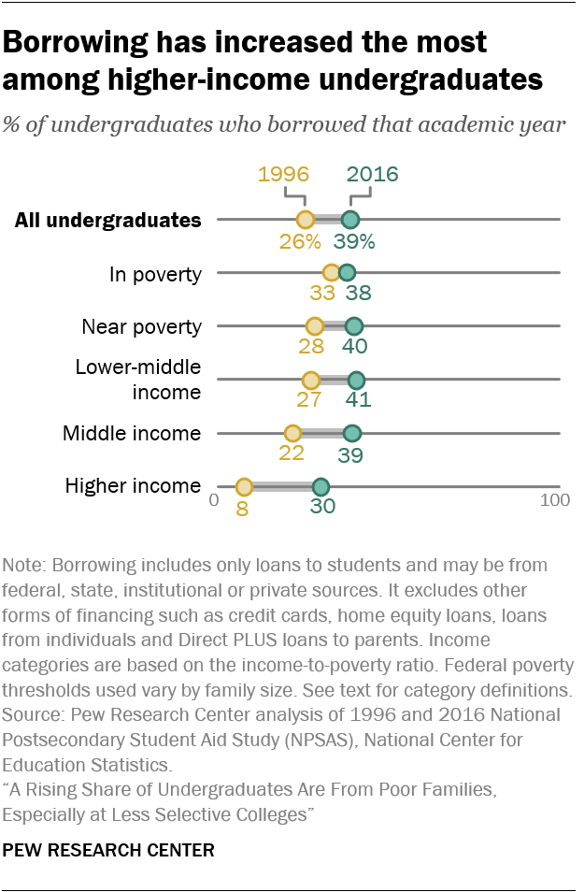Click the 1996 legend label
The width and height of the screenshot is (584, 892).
[283, 175]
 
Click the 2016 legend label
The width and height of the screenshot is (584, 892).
[372, 175]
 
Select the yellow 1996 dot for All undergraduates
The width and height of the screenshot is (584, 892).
[305, 220]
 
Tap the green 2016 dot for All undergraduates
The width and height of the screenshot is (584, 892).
[349, 220]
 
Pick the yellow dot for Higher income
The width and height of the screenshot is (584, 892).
[243, 487]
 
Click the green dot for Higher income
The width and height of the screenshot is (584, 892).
[320, 487]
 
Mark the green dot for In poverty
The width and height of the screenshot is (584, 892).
[347, 273]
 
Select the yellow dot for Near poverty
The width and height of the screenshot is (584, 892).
[314, 326]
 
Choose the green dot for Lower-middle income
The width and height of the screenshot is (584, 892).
[356, 380]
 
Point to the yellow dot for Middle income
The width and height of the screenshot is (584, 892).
[292, 433]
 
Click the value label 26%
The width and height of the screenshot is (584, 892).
[300, 241]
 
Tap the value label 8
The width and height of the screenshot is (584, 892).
[243, 510]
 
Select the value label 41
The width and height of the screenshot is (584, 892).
[359, 401]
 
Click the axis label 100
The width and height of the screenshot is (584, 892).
[555, 500]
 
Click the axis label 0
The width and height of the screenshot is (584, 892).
[214, 500]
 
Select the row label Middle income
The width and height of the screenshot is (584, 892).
[132, 434]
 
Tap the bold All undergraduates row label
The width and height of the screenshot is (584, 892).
[108, 221]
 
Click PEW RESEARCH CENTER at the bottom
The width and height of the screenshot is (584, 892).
[108, 851]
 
